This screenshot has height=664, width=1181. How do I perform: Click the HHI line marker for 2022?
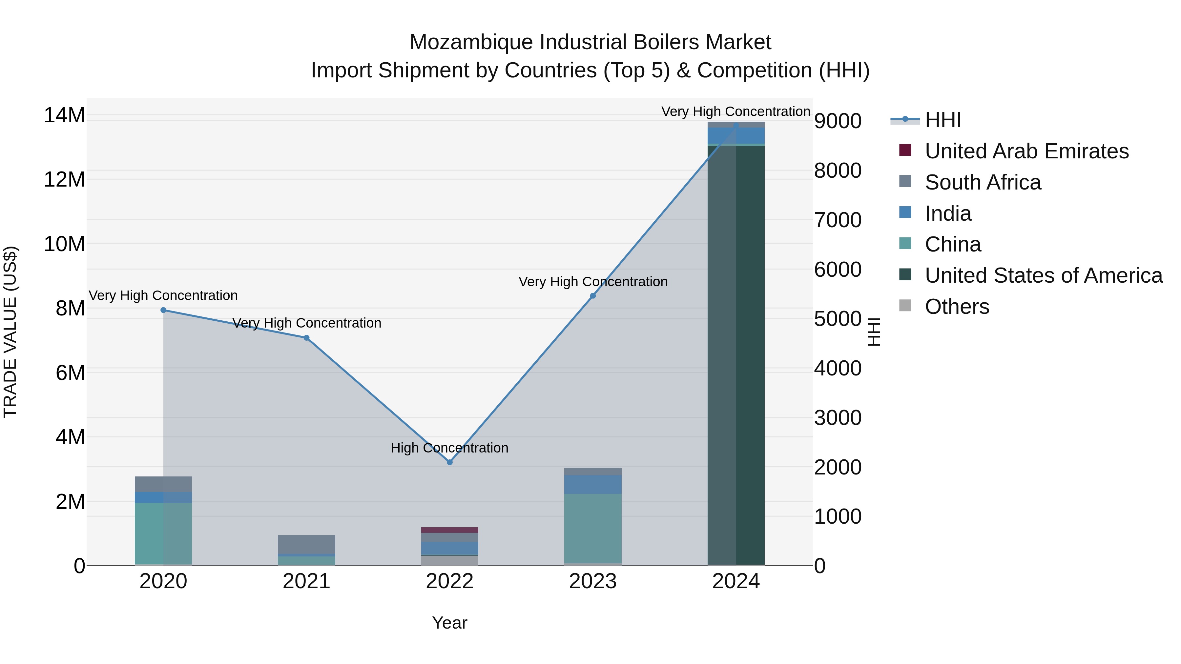449,462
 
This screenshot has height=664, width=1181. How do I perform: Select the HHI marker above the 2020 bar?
163,310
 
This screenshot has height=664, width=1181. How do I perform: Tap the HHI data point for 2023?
593,296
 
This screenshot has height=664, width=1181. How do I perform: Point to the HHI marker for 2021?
306,338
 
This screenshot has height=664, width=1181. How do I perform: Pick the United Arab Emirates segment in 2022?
449,530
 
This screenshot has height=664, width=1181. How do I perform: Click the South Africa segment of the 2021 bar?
306,544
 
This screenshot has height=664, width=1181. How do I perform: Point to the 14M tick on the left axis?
64,115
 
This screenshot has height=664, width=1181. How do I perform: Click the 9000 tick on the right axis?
838,121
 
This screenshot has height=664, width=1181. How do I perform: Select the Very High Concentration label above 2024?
736,111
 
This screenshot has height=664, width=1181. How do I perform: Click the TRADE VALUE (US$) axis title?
10,332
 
